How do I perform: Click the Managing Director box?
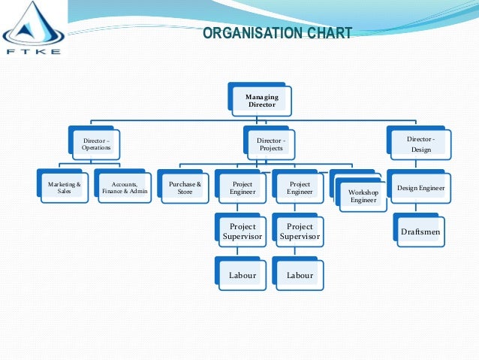[x=260, y=99]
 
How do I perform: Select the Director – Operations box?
[x=95, y=143]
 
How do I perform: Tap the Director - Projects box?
[x=270, y=143]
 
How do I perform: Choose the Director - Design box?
[x=419, y=143]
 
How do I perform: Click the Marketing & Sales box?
[x=63, y=186]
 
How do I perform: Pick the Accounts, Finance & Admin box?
[x=123, y=186]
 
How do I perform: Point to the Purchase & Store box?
[x=183, y=186]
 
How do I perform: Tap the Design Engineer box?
[x=419, y=186]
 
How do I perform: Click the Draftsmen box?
[x=419, y=230]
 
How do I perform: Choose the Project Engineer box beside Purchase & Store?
[x=241, y=186]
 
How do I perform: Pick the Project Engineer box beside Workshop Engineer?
[x=298, y=186]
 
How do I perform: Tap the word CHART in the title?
[x=330, y=33]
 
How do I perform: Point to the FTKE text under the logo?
[x=33, y=52]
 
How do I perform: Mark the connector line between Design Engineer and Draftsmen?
[x=415, y=207]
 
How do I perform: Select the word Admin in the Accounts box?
[x=139, y=191]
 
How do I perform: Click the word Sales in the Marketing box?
[x=64, y=191]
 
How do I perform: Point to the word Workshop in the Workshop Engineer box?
[x=363, y=192]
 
